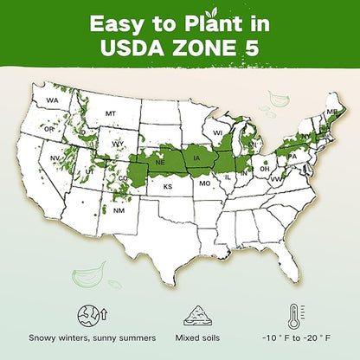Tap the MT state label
[110, 113]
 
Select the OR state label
[48, 130]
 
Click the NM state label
[119, 210]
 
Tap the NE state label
[160, 161]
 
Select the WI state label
[218, 132]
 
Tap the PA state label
[292, 157]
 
